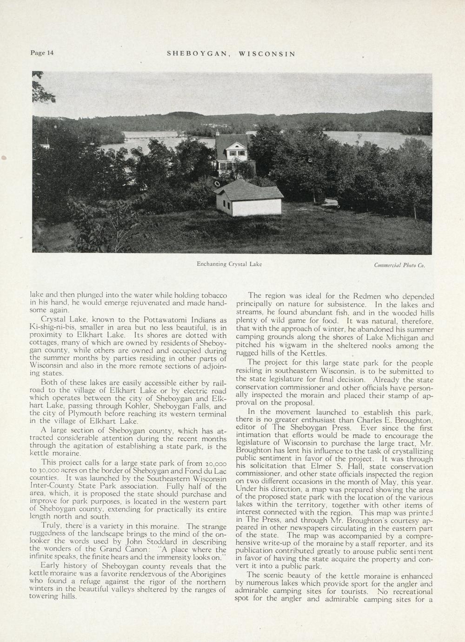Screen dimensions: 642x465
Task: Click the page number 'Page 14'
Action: pyautogui.click(x=42, y=53)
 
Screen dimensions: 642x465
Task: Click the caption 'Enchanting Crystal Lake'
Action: pyautogui.click(x=229, y=264)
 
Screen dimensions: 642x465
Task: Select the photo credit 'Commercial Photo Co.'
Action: pyautogui.click(x=399, y=265)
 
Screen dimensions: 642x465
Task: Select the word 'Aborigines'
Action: pyautogui.click(x=206, y=574)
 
